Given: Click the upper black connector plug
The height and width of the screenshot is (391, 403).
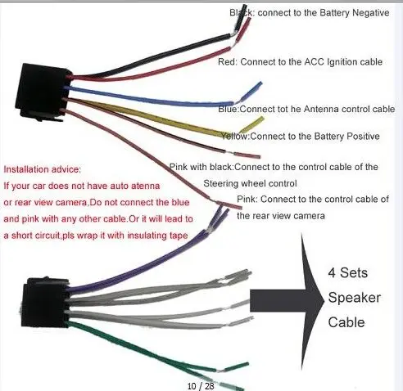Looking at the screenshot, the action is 43,92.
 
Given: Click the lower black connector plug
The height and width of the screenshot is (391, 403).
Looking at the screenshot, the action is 45,302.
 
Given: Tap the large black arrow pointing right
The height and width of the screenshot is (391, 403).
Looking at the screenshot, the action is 287,300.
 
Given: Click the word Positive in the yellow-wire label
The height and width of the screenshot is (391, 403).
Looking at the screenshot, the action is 363,136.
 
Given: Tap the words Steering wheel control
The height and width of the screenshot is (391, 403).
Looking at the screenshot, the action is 250,183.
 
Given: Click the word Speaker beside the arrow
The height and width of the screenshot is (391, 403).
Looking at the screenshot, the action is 354,298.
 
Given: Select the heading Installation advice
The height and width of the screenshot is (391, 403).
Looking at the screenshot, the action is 43,169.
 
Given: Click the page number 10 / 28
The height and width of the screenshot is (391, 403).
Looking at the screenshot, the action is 201,386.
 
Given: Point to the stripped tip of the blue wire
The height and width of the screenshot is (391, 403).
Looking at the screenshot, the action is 251,91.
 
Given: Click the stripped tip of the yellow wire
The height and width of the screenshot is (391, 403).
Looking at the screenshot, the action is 252,124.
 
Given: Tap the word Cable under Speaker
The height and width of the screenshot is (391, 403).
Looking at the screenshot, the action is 346,322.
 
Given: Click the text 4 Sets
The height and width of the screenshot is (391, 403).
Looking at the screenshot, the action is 347,272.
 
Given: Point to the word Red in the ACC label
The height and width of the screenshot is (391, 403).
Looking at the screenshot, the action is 227,62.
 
